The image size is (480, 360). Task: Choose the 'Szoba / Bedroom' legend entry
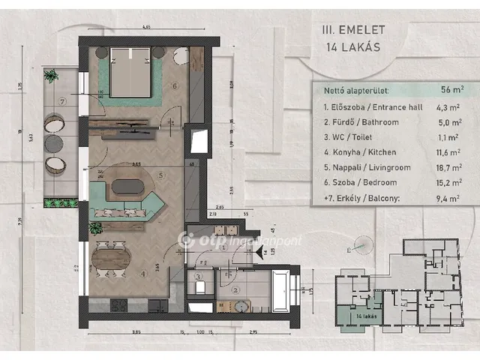point(355,184)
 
